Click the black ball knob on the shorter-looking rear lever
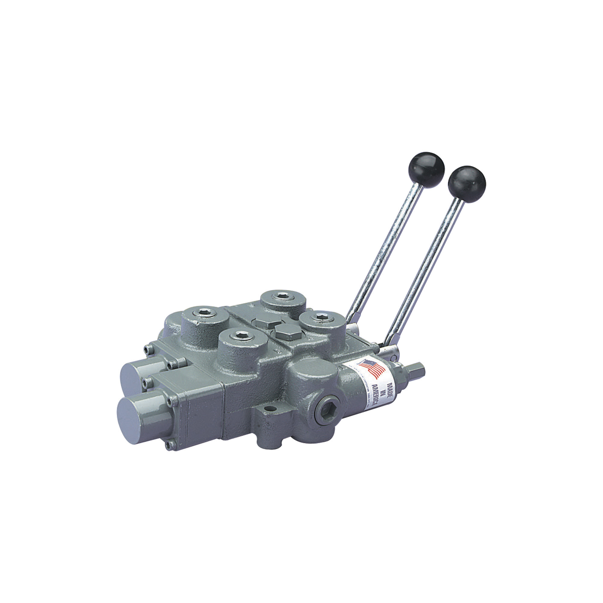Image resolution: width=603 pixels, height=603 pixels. coord(426,170)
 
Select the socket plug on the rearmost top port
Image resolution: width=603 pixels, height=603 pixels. coord(283,295)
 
